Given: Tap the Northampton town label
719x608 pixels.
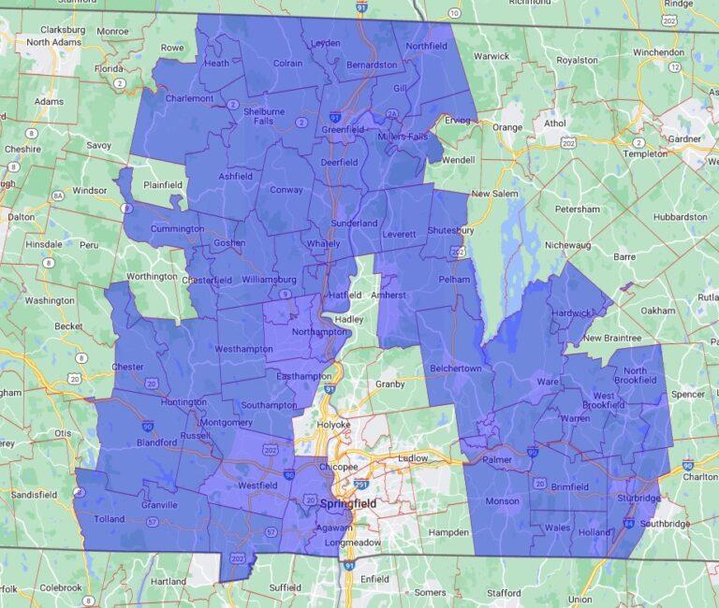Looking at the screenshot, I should pos(297,332).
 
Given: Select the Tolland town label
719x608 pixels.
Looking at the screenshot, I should pos(109,519).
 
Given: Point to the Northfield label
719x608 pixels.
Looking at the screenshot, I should pos(426,46).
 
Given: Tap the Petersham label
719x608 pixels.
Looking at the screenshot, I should pos(577,209).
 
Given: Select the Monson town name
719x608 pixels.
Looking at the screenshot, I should pos(502,501).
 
